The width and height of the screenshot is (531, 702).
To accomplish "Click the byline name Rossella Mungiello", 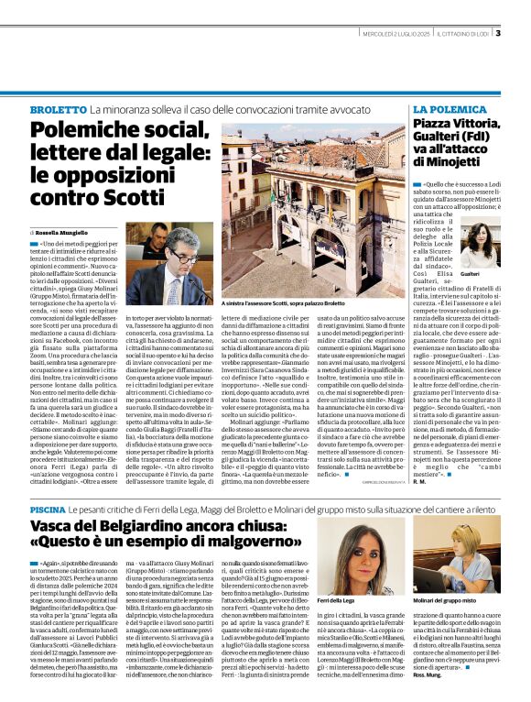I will (63, 234).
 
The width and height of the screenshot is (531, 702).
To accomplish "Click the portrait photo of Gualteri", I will (482, 243).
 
